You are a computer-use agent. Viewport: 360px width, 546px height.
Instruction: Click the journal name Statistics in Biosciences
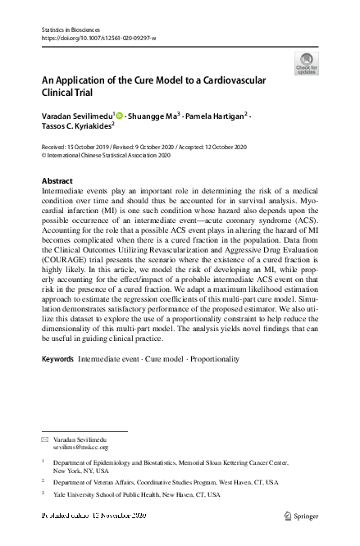pyautogui.click(x=70, y=30)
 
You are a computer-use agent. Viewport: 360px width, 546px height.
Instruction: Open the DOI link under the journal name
pyautogui.click(x=98, y=39)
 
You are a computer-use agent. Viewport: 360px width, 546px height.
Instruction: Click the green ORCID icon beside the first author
pyautogui.click(x=120, y=116)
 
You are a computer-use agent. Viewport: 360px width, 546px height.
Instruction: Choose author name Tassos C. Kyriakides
pyautogui.click(x=77, y=127)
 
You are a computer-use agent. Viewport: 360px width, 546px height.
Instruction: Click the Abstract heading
pyautogui.click(x=57, y=180)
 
